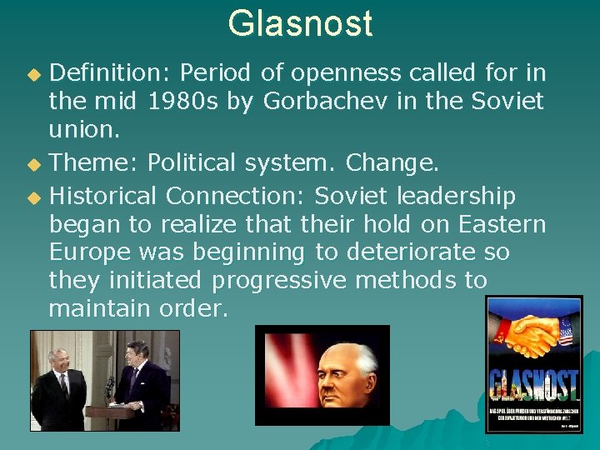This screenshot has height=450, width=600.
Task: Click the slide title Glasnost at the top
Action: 300,23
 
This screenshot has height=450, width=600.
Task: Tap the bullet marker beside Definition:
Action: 33,74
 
